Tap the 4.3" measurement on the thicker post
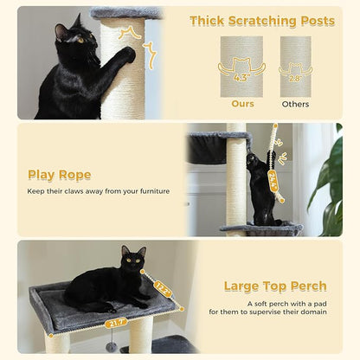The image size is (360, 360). tap(242, 77)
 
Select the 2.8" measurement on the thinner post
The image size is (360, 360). tap(296, 77)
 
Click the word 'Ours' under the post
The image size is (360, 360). tap(242, 104)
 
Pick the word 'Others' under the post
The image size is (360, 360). tap(295, 104)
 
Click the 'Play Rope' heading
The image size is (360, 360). tap(60, 175)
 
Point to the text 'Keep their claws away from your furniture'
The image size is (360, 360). tap(99, 191)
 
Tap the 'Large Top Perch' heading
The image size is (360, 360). tap(275, 286)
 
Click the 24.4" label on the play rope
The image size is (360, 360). tap(273, 179)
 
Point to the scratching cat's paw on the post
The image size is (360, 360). tap(127, 55)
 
